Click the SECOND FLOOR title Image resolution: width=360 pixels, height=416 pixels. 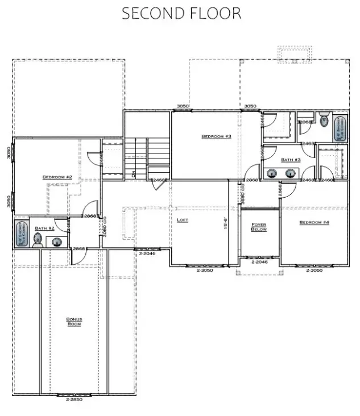point(181,14)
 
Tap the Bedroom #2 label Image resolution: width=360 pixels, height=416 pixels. point(57,177)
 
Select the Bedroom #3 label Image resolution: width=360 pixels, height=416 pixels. point(216,136)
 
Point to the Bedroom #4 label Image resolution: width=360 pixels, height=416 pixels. point(314,222)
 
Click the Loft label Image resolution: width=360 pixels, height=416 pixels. point(182,219)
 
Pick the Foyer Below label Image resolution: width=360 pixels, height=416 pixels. point(259,228)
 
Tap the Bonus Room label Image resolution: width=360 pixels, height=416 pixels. point(74,322)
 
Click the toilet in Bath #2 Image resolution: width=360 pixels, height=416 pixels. point(38,243)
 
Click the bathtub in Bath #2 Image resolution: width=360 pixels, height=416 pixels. point(20,233)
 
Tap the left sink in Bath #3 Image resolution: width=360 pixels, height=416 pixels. point(274,173)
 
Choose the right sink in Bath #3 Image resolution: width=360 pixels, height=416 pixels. point(291,173)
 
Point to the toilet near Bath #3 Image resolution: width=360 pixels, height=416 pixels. point(324,120)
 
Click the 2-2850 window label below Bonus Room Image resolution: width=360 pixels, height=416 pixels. point(74,400)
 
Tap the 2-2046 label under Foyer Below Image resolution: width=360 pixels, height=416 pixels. point(259,263)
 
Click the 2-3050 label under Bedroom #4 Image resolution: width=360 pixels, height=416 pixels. point(314,271)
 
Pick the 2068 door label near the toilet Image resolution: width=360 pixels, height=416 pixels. point(304,122)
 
